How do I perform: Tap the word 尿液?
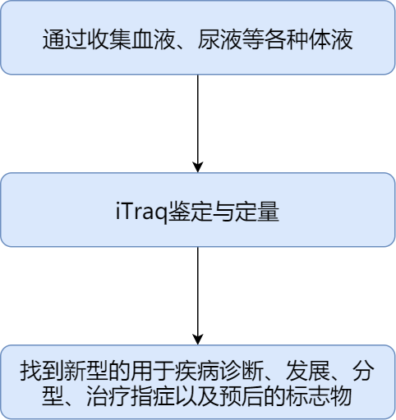coord(220,39)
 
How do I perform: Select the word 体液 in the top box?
coord(331,39)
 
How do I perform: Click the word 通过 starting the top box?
coord(65,39)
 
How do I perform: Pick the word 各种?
coord(287,39)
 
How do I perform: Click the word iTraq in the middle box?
coord(142,212)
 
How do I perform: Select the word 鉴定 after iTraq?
coord(191,212)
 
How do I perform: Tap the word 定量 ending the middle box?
coord(257,212)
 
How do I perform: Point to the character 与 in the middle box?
coord(223,212)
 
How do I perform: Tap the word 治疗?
coord(108,396)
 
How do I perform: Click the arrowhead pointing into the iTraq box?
coord(198,167)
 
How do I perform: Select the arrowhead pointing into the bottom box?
coord(198,340)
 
